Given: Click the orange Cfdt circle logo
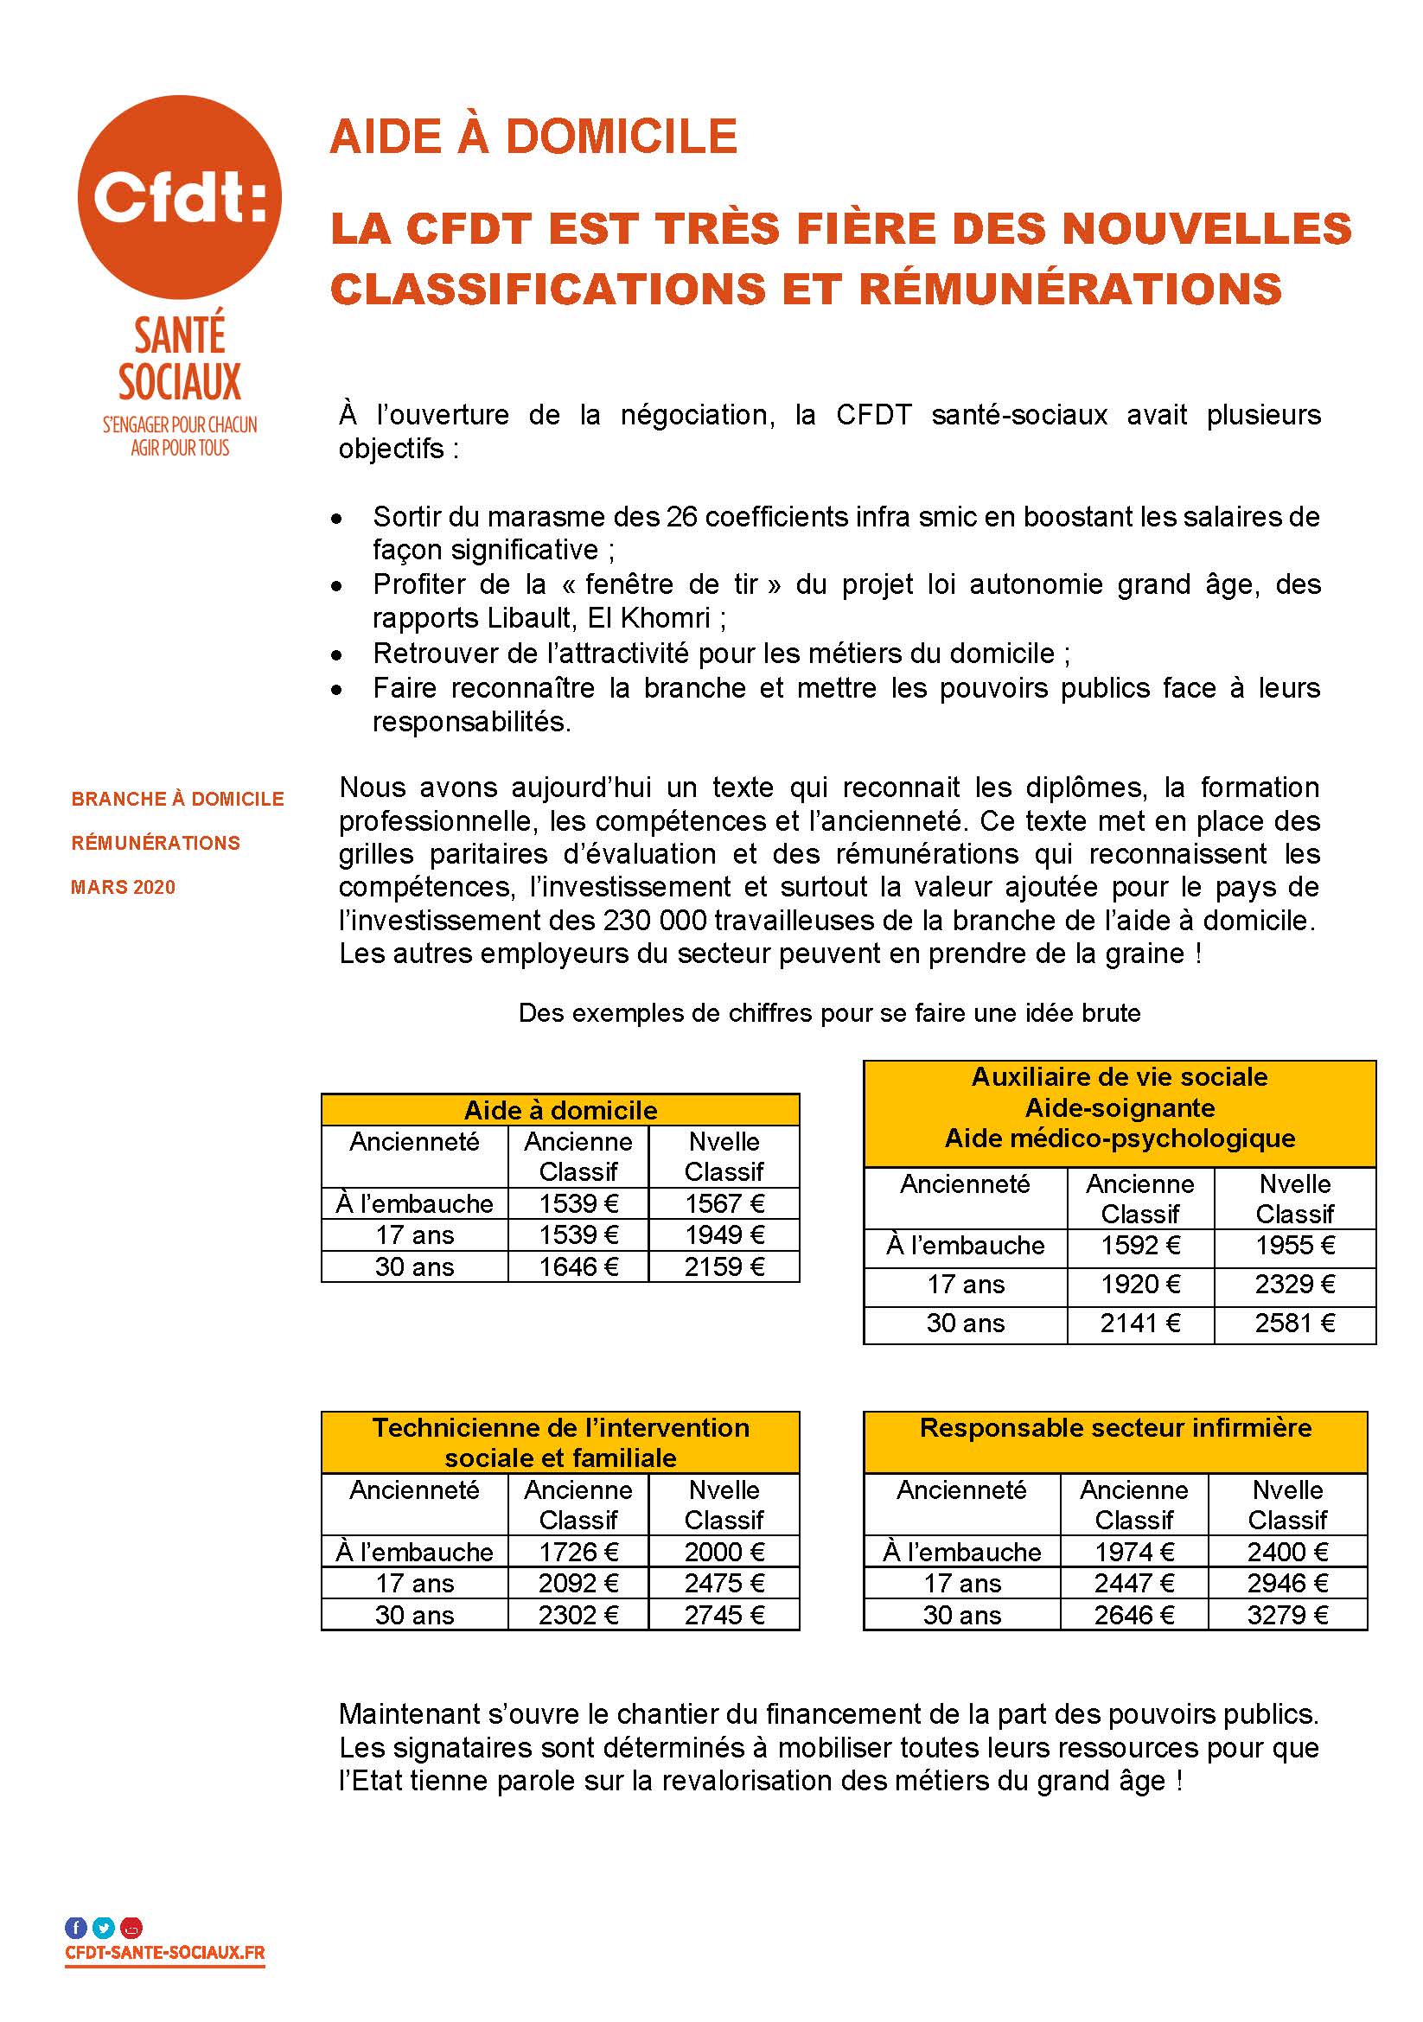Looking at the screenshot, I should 180,196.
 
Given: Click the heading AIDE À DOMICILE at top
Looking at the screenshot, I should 533,137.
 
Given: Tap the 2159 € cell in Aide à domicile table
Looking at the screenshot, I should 724,1266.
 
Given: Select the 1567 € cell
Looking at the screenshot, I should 724,1203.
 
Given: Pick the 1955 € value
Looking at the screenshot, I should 1294,1245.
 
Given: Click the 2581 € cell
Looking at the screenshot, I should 1294,1323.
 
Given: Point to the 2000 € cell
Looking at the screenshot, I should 724,1552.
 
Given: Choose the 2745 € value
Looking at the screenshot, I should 724,1615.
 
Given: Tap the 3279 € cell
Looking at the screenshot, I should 1286,1615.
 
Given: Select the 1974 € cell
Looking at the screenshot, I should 1134,1552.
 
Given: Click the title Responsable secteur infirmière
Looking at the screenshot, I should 1115,1427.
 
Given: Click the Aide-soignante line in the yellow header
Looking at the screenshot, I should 1120,1107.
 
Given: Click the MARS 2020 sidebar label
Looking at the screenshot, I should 124,887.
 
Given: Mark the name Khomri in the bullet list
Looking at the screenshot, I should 669,618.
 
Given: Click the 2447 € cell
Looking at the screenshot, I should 1134,1584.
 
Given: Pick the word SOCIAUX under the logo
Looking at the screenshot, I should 180,381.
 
